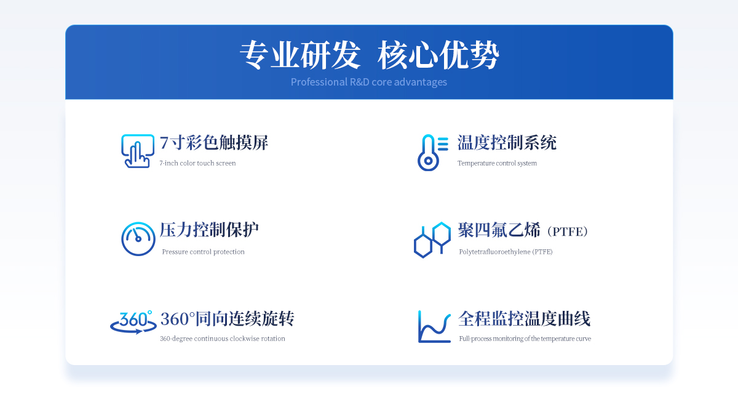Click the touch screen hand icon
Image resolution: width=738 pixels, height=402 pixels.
pyautogui.click(x=138, y=151)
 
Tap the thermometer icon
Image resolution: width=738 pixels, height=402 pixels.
pyautogui.click(x=428, y=153)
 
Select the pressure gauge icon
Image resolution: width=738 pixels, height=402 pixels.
pyautogui.click(x=138, y=239)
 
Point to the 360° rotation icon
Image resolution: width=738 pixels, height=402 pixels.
pyautogui.click(x=133, y=322)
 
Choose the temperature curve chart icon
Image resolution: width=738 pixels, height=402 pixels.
pyautogui.click(x=434, y=326)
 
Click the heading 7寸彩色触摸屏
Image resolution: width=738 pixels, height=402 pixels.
pyautogui.click(x=214, y=143)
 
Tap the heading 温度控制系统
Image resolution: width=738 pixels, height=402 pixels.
pyautogui.click(x=507, y=143)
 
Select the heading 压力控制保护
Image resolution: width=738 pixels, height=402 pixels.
pyautogui.click(x=209, y=230)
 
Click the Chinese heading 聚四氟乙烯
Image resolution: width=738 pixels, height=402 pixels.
pyautogui.click(x=499, y=230)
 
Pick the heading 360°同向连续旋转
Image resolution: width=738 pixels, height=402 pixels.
pyautogui.click(x=228, y=318)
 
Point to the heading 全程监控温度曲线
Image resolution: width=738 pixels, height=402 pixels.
pyautogui.click(x=524, y=318)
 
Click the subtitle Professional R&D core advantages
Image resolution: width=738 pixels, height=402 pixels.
pyautogui.click(x=368, y=82)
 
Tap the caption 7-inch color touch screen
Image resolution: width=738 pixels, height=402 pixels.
pyautogui.click(x=197, y=163)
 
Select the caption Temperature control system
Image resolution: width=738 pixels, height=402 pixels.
pyautogui.click(x=497, y=163)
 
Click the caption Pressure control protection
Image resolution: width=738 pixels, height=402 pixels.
pyautogui.click(x=204, y=252)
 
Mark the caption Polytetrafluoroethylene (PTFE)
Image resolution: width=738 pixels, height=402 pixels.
pyautogui.click(x=506, y=252)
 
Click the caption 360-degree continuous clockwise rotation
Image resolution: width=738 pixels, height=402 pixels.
pyautogui.click(x=223, y=339)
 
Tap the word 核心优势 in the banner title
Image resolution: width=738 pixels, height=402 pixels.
pyautogui.click(x=438, y=55)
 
